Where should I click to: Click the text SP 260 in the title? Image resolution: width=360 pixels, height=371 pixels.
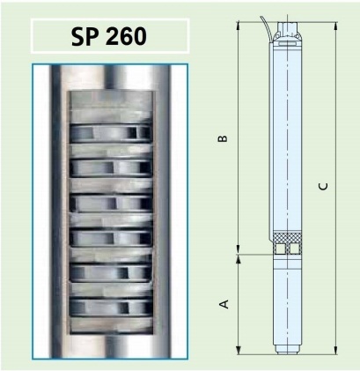tap(109, 36)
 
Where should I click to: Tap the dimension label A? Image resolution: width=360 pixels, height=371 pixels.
tap(224, 304)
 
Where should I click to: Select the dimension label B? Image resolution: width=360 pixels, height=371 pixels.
tap(223, 138)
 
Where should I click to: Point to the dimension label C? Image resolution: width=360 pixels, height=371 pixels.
tap(323, 187)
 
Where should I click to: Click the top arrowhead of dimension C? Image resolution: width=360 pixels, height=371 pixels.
tap(336, 26)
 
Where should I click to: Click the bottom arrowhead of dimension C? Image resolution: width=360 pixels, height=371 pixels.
tap(336, 349)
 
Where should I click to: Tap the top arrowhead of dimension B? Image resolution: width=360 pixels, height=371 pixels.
tap(239, 26)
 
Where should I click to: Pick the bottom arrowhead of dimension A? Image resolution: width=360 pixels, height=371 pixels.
tap(239, 349)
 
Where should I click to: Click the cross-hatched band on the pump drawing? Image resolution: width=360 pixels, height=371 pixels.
tap(288, 237)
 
